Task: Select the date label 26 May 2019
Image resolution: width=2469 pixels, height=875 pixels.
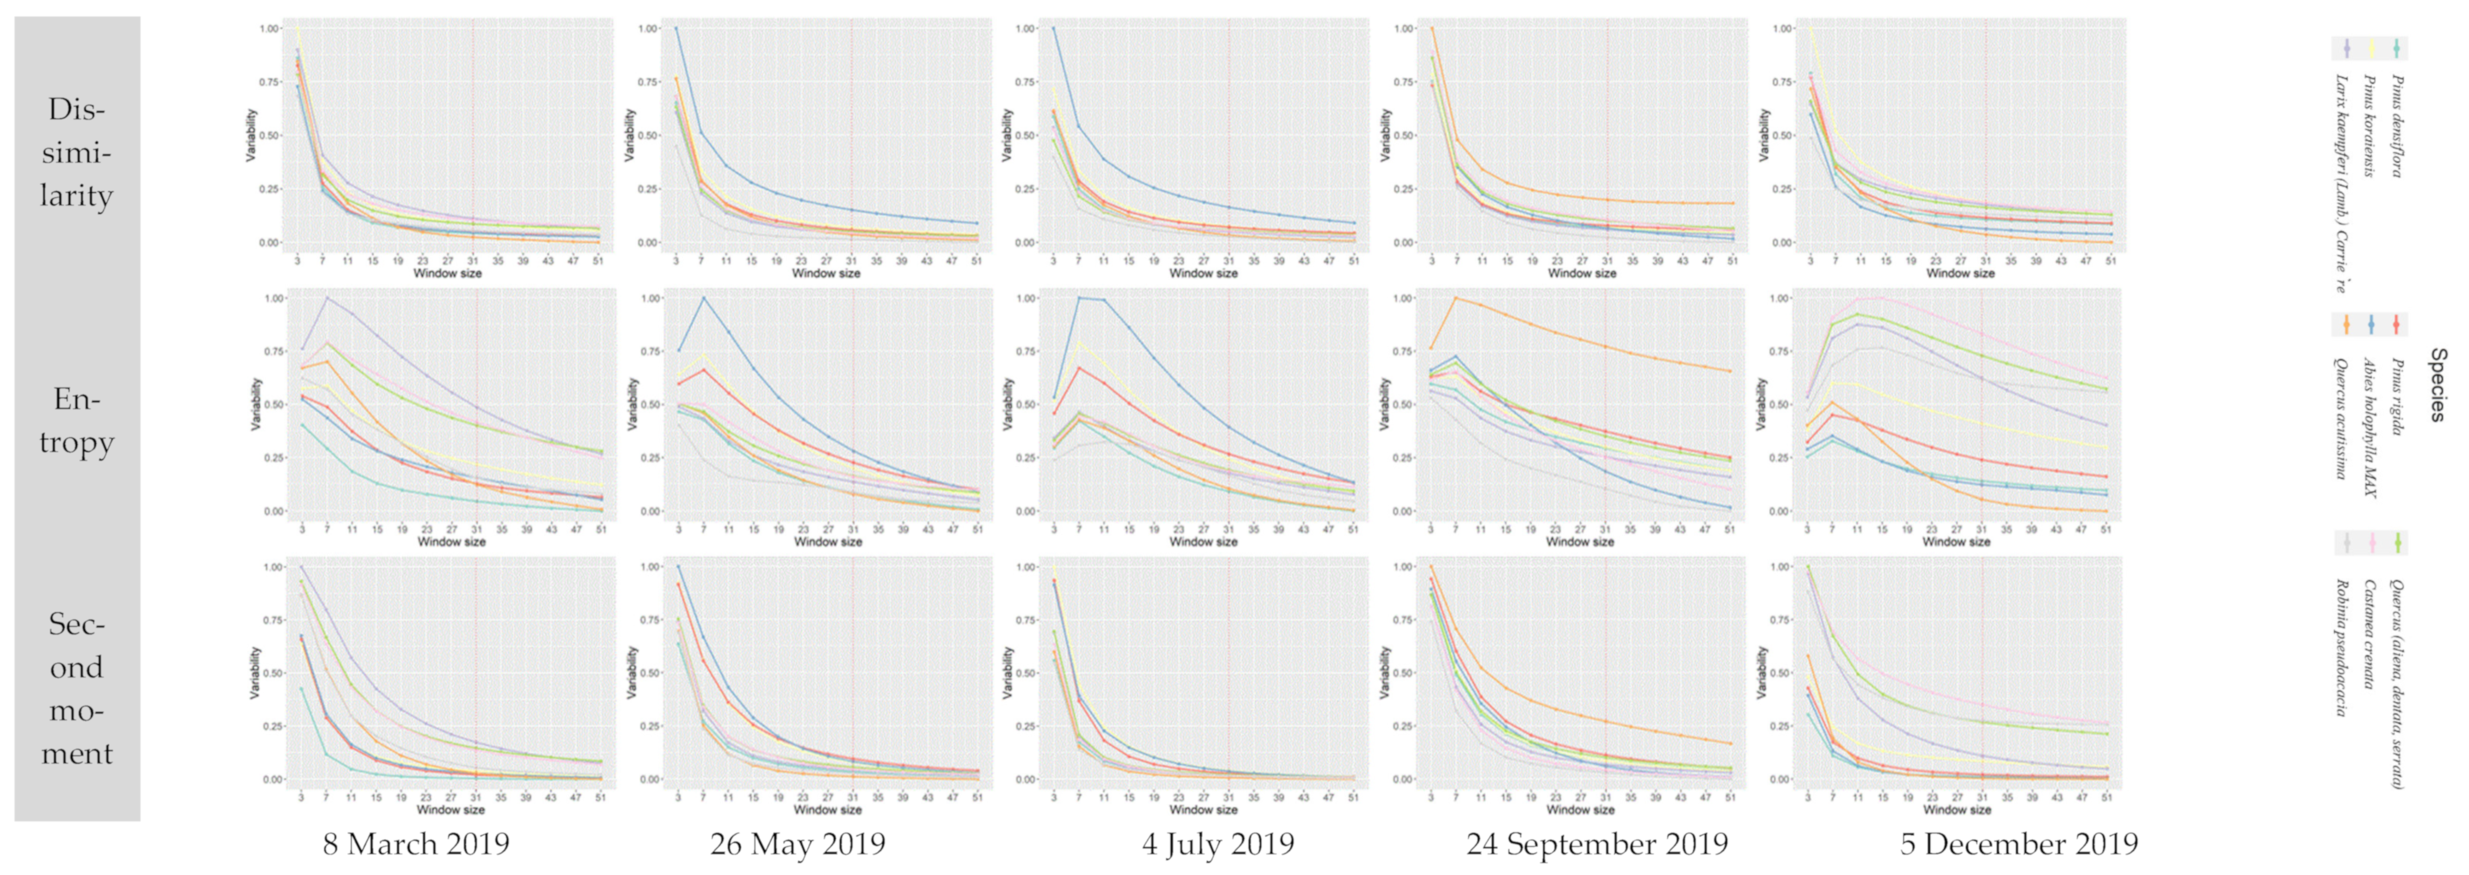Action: (797, 845)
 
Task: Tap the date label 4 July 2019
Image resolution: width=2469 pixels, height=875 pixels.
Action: (1218, 845)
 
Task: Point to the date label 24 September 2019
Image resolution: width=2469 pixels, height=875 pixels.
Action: (1597, 845)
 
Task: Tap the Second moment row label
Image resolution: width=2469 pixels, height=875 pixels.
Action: (77, 688)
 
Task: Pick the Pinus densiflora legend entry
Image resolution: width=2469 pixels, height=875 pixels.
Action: (2396, 124)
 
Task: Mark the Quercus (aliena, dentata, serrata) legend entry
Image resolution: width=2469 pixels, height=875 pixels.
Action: (2396, 682)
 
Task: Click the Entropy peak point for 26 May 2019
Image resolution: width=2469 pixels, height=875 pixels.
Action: (703, 298)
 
